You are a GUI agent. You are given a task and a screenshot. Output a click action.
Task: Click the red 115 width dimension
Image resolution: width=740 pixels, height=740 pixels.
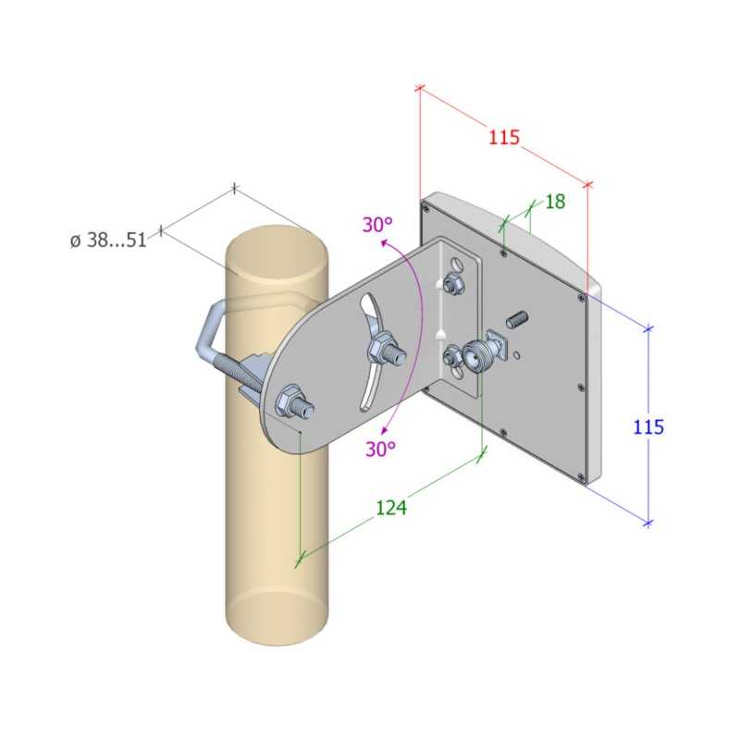[504, 138]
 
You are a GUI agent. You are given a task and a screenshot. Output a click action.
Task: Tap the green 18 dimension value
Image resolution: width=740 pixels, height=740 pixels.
[555, 202]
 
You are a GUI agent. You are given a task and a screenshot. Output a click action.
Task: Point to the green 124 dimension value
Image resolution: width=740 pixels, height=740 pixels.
[391, 506]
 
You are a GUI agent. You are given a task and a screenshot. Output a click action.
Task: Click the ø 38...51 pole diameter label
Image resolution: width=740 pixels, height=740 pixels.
[108, 240]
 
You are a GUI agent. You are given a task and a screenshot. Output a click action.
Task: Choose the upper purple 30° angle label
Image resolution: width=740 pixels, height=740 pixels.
[377, 225]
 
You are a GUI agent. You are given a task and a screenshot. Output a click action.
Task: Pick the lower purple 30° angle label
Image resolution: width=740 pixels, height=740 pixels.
[379, 449]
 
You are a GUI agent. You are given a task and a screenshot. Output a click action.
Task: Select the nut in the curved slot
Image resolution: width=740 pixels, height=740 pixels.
[382, 351]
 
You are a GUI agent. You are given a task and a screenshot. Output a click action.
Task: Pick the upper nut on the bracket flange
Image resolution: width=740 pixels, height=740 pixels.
[453, 282]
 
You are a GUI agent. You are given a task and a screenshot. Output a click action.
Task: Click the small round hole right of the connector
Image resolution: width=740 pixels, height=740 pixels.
[519, 352]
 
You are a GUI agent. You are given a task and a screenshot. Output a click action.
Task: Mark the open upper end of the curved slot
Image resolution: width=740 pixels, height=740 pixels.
[369, 303]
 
